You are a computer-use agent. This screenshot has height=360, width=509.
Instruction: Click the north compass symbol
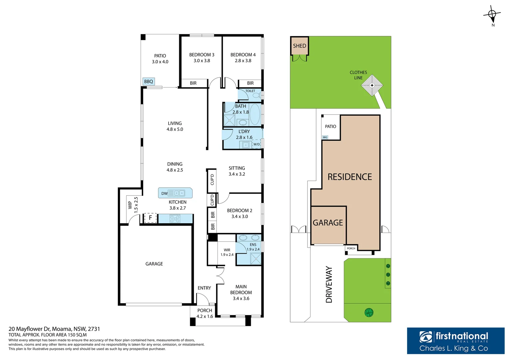[492, 15]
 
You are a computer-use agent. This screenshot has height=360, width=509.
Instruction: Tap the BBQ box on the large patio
[149, 81]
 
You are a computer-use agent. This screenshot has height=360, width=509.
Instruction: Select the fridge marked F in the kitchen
[150, 218]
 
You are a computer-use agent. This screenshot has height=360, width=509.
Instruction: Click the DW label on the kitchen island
[164, 194]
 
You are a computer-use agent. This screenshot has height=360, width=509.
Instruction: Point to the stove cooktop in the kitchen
[175, 219]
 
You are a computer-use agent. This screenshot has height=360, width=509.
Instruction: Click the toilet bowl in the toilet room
[257, 95]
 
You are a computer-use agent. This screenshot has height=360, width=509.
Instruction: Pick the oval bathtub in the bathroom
[255, 114]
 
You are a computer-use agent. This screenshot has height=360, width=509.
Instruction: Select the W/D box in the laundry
[256, 144]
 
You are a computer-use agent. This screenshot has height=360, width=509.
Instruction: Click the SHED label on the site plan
[299, 46]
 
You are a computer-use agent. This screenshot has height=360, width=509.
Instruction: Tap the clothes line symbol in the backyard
[372, 85]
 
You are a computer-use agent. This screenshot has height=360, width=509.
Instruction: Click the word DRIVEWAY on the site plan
[329, 284]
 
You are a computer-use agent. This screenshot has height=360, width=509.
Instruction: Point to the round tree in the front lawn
[369, 312]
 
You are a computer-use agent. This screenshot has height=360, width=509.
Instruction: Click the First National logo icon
[426, 337]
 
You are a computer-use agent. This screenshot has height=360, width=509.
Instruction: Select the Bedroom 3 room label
[202, 55]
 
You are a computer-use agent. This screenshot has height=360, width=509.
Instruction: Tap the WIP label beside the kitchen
[130, 205]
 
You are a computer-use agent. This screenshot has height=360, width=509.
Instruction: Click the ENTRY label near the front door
[204, 288]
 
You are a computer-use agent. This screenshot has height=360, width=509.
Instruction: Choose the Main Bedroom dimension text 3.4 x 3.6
[241, 298]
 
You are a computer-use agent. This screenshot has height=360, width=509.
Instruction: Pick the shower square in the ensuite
[255, 259]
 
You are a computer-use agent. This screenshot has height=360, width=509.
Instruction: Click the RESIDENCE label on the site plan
[350, 177]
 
